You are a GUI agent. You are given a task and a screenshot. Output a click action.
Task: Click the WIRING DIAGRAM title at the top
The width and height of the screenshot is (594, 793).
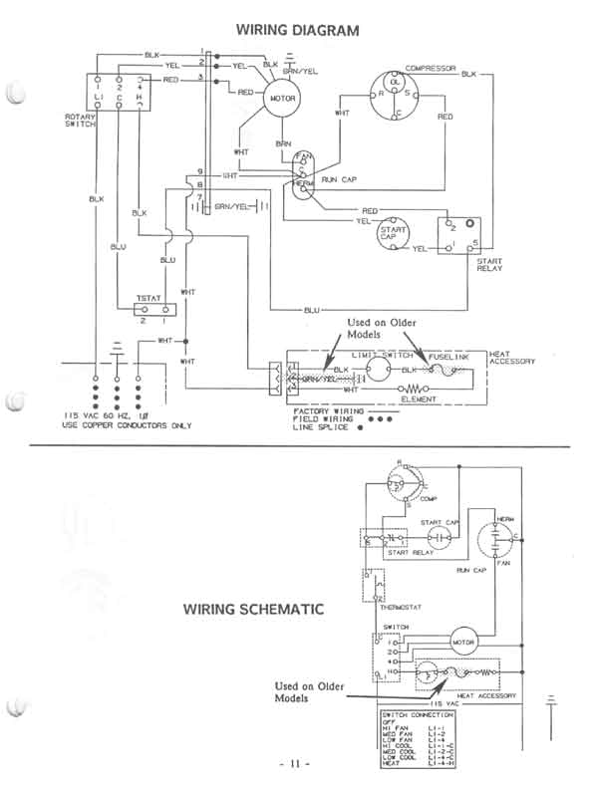297,31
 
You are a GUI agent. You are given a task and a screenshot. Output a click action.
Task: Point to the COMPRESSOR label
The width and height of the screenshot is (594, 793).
431,69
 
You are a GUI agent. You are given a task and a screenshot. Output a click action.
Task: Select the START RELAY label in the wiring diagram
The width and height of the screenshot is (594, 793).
489,264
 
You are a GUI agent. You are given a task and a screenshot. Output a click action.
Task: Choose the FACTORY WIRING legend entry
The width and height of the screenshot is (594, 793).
325,409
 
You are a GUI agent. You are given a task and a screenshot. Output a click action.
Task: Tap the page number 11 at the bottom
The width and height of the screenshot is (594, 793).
296,763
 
